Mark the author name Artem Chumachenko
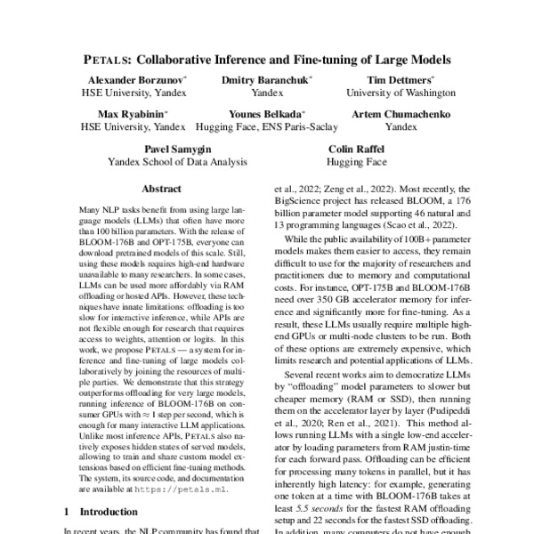click(x=400, y=115)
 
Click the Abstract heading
click(x=164, y=189)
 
